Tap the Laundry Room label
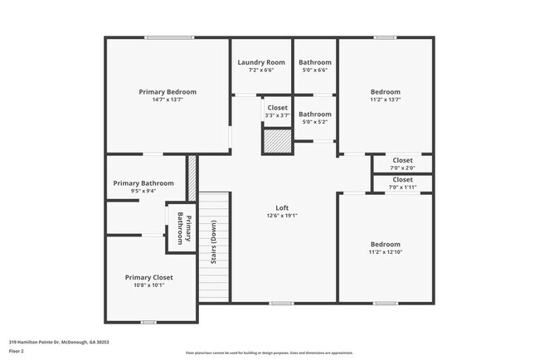click(x=261, y=62)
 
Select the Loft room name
click(x=282, y=207)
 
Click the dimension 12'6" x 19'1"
click(x=282, y=216)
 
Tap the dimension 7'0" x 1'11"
click(x=402, y=187)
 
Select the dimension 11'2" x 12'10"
click(x=386, y=253)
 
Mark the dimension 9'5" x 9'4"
click(x=143, y=192)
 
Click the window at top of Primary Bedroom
click(x=170, y=37)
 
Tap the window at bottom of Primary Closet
click(x=148, y=322)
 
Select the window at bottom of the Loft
click(x=281, y=304)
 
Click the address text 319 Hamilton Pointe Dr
click(x=59, y=342)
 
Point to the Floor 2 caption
click(x=17, y=352)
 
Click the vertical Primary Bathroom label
click(x=183, y=228)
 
